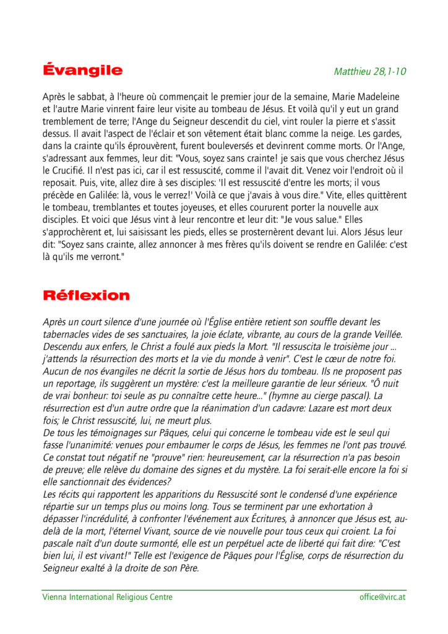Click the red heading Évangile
(82, 70)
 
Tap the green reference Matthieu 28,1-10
(370, 71)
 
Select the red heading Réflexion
(86, 295)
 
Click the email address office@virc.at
(382, 597)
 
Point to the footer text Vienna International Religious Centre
(108, 597)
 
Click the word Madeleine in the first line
(377, 97)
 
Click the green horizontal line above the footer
(224, 590)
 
